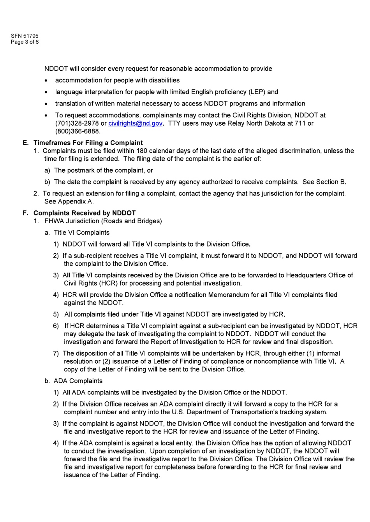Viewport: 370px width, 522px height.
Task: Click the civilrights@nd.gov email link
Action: [x=135, y=123]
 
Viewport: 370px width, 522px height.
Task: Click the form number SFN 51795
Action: [x=25, y=36]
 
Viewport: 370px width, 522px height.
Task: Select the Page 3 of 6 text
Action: [x=25, y=42]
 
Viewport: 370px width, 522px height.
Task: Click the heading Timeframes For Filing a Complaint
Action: [x=88, y=143]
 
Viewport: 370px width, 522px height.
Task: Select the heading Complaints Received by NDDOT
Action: [x=85, y=213]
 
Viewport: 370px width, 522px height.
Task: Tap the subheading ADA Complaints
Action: [x=78, y=381]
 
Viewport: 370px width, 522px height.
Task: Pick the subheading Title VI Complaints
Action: [x=81, y=233]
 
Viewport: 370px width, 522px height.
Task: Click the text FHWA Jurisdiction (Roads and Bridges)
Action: [x=103, y=221]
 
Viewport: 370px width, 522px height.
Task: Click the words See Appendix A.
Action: [x=69, y=201]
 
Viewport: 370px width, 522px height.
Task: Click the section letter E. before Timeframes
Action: [x=26, y=143]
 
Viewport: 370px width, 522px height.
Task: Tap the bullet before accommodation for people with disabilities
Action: [x=46, y=81]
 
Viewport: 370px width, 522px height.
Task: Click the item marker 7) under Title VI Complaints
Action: [x=56, y=353]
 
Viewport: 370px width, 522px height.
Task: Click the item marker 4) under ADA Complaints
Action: [x=56, y=443]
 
